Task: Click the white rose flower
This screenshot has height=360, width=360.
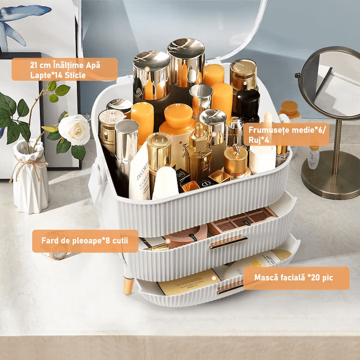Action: [x=74, y=130]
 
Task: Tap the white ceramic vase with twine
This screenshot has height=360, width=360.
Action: [x=30, y=176]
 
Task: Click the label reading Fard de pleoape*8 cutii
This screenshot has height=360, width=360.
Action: [x=85, y=241]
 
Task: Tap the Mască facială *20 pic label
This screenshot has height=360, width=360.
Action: [x=296, y=278]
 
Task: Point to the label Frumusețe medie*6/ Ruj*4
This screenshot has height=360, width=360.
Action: [x=286, y=135]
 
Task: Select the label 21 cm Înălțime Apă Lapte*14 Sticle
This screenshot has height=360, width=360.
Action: [x=64, y=69]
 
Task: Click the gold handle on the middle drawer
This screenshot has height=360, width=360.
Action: [x=228, y=242]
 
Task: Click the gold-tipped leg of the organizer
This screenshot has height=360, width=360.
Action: [x=128, y=285]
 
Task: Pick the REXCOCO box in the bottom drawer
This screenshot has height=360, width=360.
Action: [x=188, y=282]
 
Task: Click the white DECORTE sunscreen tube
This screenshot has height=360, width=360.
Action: [x=140, y=174]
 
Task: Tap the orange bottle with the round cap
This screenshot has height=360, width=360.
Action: [x=178, y=132]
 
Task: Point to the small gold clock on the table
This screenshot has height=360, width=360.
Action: [x=58, y=255]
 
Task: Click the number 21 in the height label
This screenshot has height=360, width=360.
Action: [x=33, y=65]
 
